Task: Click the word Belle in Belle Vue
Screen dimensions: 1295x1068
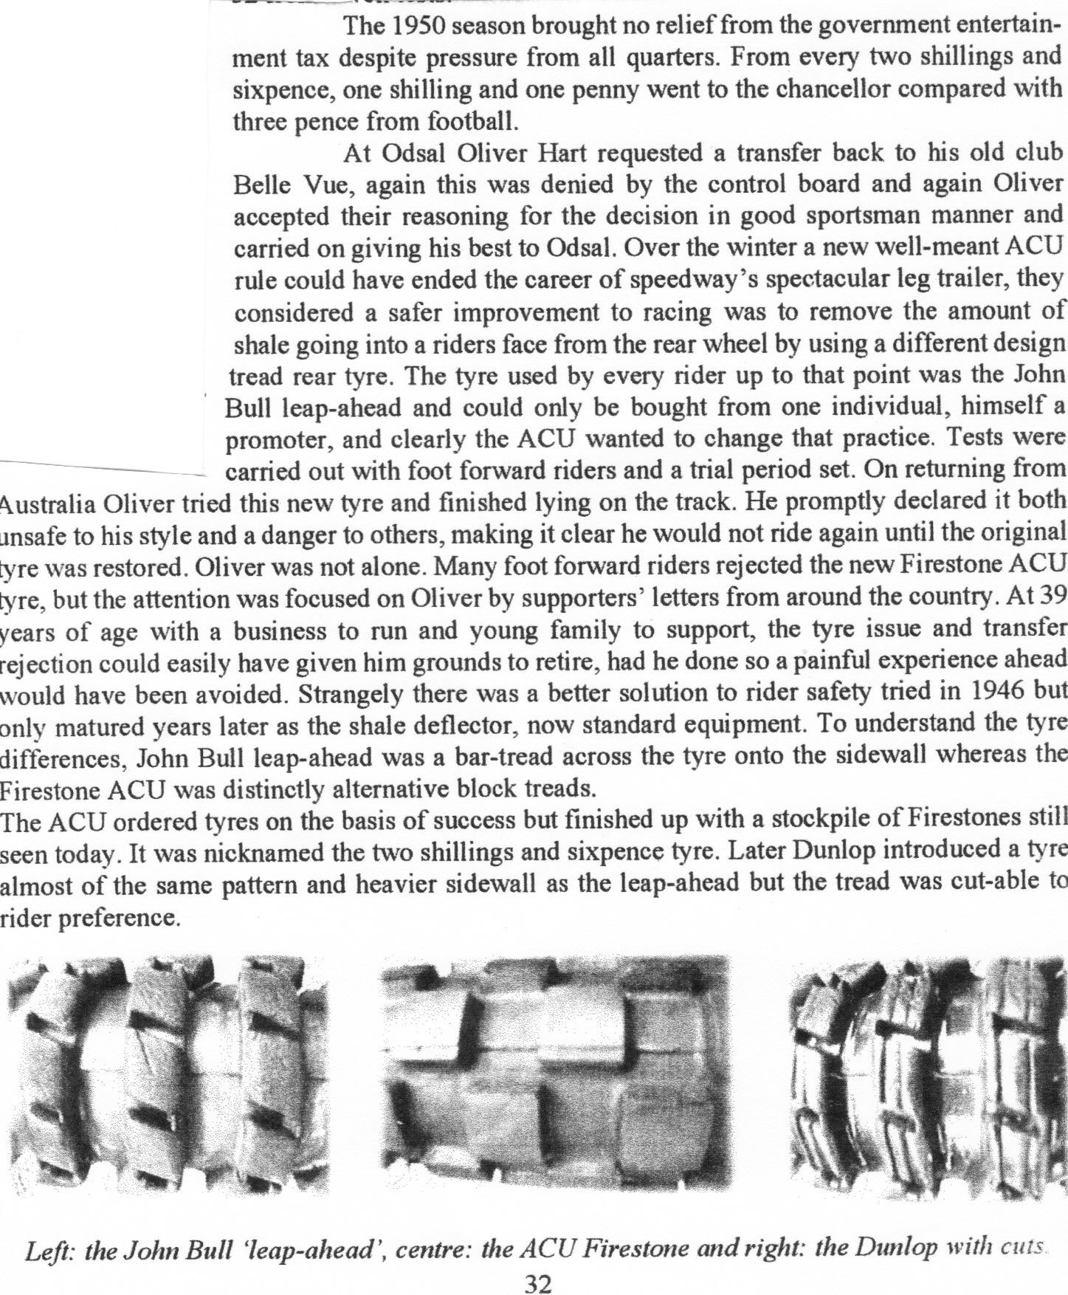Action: click(261, 185)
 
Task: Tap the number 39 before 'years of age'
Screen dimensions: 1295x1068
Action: click(1050, 600)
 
